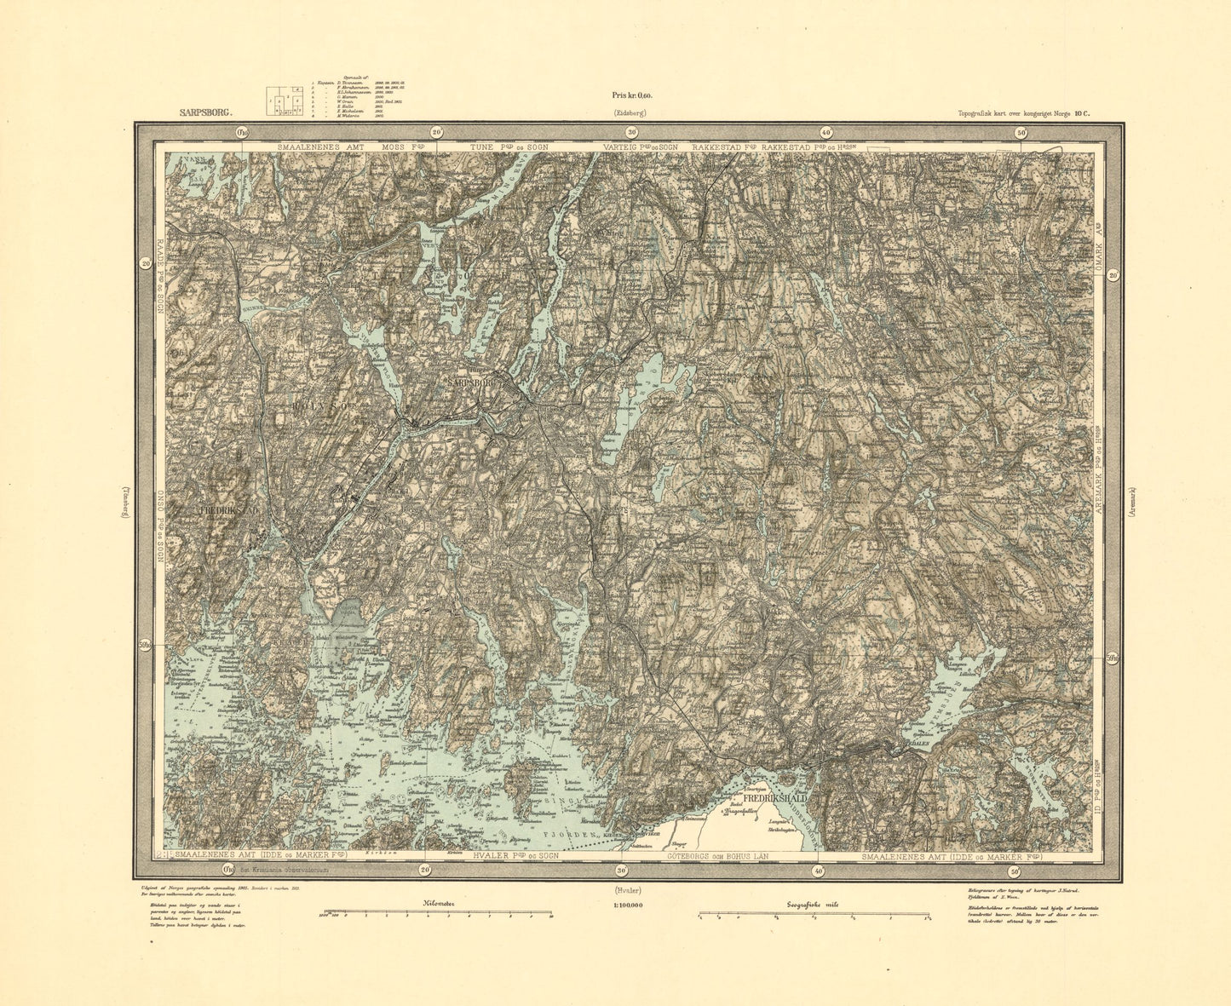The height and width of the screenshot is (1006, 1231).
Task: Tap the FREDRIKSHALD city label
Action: [x=774, y=798]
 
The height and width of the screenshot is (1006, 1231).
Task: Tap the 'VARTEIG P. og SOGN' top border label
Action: [x=643, y=147]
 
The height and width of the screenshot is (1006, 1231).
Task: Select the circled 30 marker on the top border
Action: [x=631, y=132]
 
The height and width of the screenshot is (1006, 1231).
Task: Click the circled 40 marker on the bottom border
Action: [x=818, y=871]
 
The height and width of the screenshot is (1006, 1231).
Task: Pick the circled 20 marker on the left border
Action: [x=146, y=264]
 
